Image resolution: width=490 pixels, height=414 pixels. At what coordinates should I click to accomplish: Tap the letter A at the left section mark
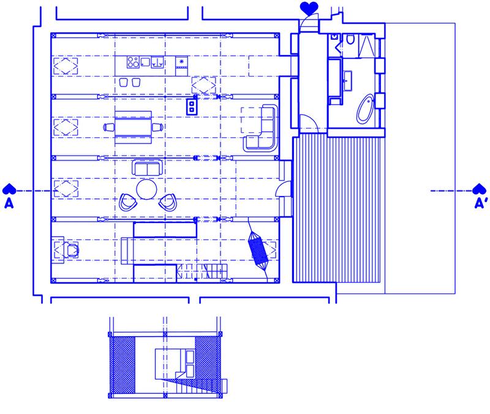click(9, 204)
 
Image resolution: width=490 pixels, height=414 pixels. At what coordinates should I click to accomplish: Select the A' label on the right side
click(481, 203)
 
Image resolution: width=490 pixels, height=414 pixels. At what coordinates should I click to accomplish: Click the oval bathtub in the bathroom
click(365, 109)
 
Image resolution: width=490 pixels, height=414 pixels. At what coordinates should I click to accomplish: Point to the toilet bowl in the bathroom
click(350, 39)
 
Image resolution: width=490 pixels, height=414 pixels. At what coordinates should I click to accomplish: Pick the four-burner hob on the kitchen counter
click(133, 62)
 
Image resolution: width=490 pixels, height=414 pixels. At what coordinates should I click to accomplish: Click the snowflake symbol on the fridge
click(181, 61)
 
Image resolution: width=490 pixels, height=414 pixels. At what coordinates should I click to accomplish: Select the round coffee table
click(146, 189)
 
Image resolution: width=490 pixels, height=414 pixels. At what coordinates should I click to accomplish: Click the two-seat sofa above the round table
click(147, 167)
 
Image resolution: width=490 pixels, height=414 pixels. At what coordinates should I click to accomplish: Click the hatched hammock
click(257, 249)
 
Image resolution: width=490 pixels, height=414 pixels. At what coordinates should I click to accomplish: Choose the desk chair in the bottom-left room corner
click(72, 250)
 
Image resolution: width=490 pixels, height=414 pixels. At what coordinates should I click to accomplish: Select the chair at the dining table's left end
click(109, 127)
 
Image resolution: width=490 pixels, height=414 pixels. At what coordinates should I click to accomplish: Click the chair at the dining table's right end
click(157, 127)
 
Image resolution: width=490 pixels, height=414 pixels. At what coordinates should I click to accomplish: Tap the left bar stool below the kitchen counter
click(124, 82)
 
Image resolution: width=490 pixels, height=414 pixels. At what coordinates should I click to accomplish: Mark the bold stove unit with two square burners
click(192, 107)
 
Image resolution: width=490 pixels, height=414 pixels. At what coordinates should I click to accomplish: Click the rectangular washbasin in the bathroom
click(347, 81)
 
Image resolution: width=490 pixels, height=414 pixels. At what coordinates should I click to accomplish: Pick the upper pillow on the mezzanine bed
click(190, 357)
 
